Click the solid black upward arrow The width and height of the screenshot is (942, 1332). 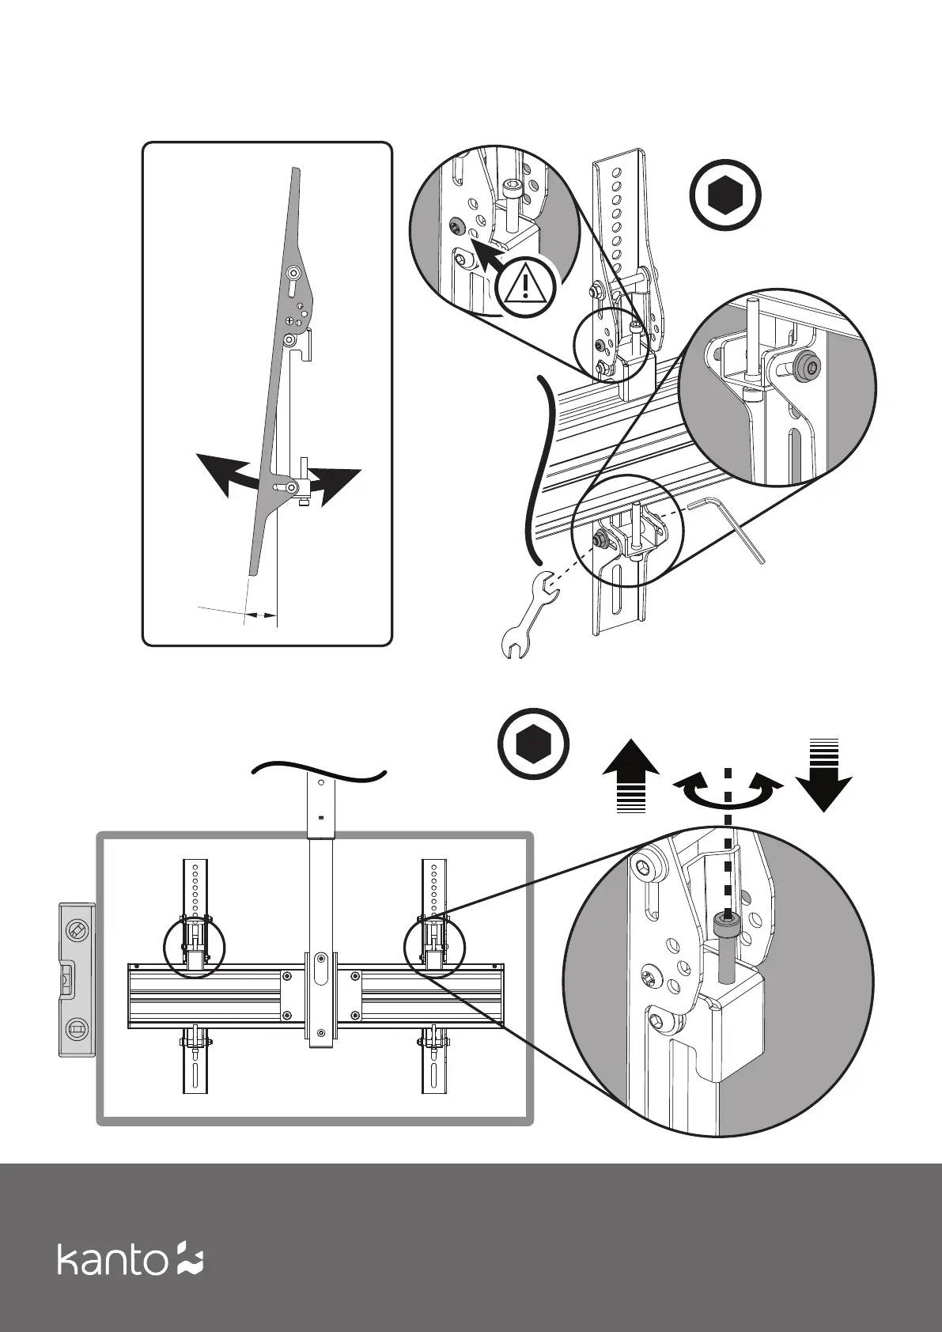(631, 775)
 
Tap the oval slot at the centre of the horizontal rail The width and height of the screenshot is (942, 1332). (320, 971)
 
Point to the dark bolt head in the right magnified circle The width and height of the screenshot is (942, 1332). (807, 365)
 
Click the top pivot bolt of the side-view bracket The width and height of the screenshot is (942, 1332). (293, 273)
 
